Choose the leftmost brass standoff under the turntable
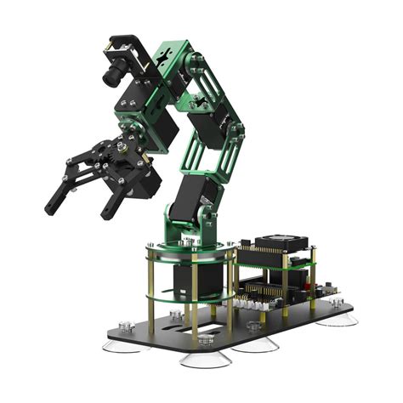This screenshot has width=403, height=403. point(150,289)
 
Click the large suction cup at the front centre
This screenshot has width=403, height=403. point(204,357)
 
